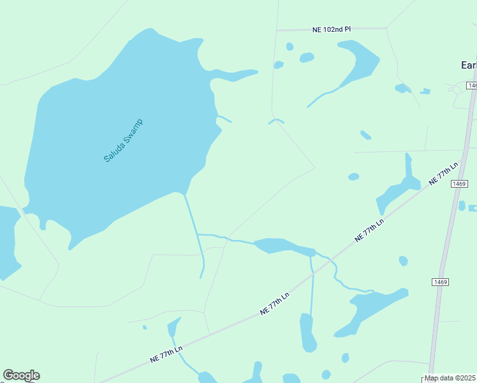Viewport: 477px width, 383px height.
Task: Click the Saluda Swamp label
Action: point(124,140)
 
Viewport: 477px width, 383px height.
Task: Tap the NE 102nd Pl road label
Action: point(332,29)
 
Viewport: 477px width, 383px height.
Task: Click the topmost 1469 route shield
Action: point(472,86)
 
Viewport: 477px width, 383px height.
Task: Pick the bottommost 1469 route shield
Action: point(439,282)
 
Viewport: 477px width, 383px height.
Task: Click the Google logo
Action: point(21,375)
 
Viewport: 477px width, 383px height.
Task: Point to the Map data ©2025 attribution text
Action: point(450,378)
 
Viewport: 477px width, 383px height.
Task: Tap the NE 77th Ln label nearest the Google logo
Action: point(166,355)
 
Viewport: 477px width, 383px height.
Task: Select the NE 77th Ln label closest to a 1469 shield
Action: point(444,174)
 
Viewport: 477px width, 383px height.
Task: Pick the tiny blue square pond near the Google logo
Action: point(145,327)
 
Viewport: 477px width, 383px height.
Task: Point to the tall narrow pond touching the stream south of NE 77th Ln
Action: point(308,332)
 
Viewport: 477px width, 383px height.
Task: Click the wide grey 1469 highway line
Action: point(446,243)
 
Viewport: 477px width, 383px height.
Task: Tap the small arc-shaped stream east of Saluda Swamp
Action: point(276,120)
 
